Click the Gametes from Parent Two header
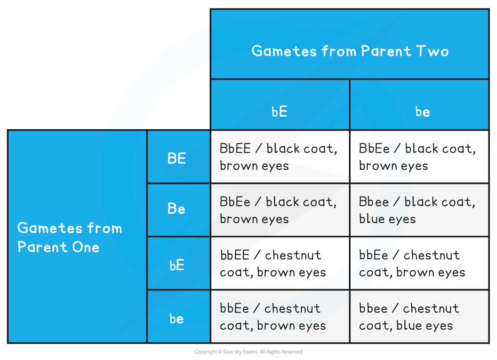click(x=350, y=51)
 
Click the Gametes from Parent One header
click(x=70, y=237)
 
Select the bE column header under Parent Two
click(x=280, y=112)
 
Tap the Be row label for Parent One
click(x=177, y=209)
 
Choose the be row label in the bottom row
click(x=177, y=318)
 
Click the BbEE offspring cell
click(x=279, y=157)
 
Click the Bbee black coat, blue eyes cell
click(x=419, y=210)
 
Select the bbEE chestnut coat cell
click(x=279, y=263)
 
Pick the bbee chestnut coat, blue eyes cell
click(x=419, y=317)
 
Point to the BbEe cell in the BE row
click(x=419, y=157)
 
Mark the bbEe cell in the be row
click(x=279, y=317)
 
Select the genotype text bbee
click(x=373, y=309)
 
